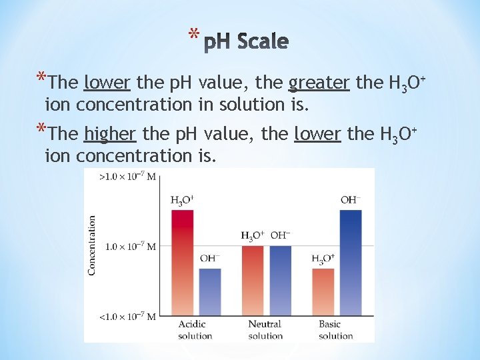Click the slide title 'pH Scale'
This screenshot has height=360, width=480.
click(x=245, y=42)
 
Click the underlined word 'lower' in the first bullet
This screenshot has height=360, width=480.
click(x=107, y=83)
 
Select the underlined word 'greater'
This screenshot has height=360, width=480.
click(x=319, y=83)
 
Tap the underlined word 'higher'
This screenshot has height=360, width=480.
click(x=111, y=134)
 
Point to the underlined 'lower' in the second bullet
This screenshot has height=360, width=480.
click(x=318, y=134)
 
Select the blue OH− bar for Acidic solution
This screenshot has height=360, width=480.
click(x=210, y=291)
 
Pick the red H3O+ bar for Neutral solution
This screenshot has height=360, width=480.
click(x=252, y=280)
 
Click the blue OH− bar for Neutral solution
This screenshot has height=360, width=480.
click(x=280, y=280)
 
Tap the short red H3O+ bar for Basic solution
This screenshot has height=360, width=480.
click(x=323, y=291)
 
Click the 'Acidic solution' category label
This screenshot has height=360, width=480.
click(x=195, y=330)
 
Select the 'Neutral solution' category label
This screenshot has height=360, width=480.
click(x=265, y=330)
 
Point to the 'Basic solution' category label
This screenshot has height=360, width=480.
click(x=335, y=330)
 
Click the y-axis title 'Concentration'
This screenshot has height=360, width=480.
click(x=91, y=245)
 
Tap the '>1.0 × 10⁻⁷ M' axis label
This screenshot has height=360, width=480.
click(x=127, y=177)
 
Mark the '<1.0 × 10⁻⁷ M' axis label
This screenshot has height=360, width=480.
click(x=127, y=316)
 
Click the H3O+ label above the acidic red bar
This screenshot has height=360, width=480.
click(x=182, y=199)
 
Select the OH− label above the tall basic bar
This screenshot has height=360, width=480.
click(x=350, y=199)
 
